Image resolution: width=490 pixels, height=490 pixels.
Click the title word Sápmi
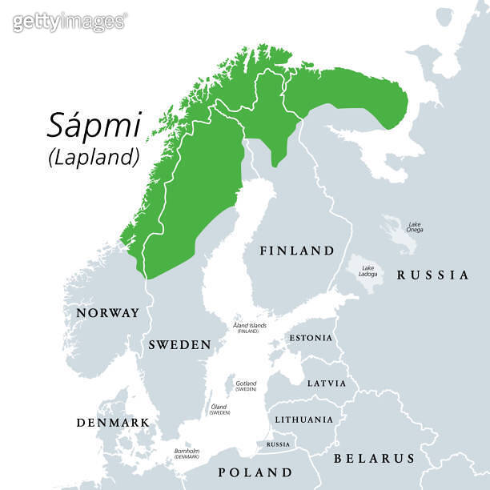point(94,126)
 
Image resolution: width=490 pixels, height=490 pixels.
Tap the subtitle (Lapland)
point(94,157)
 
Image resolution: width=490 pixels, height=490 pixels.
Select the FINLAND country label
point(297,251)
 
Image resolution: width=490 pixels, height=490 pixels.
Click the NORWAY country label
point(107,313)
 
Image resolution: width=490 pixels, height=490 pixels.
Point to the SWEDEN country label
point(179,345)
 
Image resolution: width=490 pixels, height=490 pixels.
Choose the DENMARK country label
point(112,422)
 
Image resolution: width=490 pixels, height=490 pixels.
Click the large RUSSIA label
point(432,275)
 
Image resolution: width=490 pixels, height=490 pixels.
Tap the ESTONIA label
point(310,338)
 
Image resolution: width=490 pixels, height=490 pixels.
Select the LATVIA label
point(327,384)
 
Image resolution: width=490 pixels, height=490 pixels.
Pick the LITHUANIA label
point(303,420)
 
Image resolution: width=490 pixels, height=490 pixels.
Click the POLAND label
point(255,472)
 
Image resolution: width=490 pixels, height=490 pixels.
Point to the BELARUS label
point(374,459)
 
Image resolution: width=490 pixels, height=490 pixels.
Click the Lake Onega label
point(415,227)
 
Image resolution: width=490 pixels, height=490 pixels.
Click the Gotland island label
point(246,385)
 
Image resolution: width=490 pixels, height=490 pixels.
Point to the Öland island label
point(219,408)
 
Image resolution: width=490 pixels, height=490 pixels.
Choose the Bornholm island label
point(187,453)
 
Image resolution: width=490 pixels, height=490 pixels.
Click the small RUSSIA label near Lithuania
point(278,444)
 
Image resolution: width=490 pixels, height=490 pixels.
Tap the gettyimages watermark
point(70,22)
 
